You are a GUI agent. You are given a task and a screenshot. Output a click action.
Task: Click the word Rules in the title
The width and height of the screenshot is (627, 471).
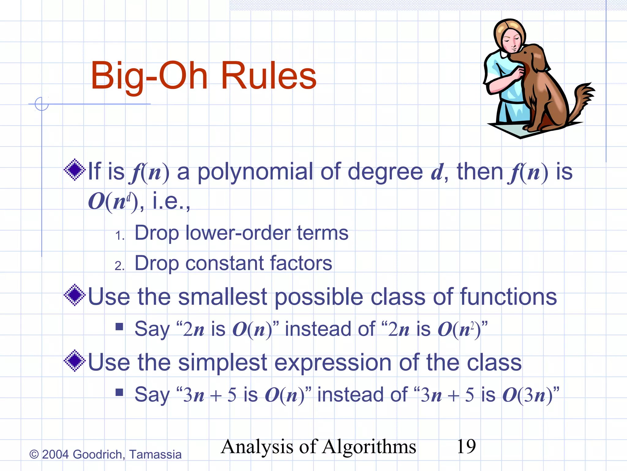(268, 76)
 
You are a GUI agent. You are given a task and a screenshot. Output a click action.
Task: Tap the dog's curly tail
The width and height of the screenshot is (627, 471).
(583, 98)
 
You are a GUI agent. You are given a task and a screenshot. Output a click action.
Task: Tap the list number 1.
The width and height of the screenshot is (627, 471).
(119, 235)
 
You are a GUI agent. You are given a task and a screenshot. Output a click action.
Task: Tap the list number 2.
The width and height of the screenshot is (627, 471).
(119, 266)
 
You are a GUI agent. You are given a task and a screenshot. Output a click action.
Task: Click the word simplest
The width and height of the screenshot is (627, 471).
(223, 362)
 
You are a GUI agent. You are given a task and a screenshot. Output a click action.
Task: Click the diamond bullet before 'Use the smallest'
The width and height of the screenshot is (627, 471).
(74, 295)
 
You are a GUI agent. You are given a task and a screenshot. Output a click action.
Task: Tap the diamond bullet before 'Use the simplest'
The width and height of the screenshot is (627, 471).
(74, 361)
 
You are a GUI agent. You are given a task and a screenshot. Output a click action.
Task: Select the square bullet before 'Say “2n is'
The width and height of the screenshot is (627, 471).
(119, 327)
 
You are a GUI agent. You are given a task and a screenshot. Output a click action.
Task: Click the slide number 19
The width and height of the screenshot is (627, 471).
(466, 446)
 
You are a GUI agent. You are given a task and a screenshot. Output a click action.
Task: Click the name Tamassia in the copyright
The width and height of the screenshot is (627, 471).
(155, 454)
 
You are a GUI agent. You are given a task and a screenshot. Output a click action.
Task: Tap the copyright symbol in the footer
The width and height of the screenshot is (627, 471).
(34, 454)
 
